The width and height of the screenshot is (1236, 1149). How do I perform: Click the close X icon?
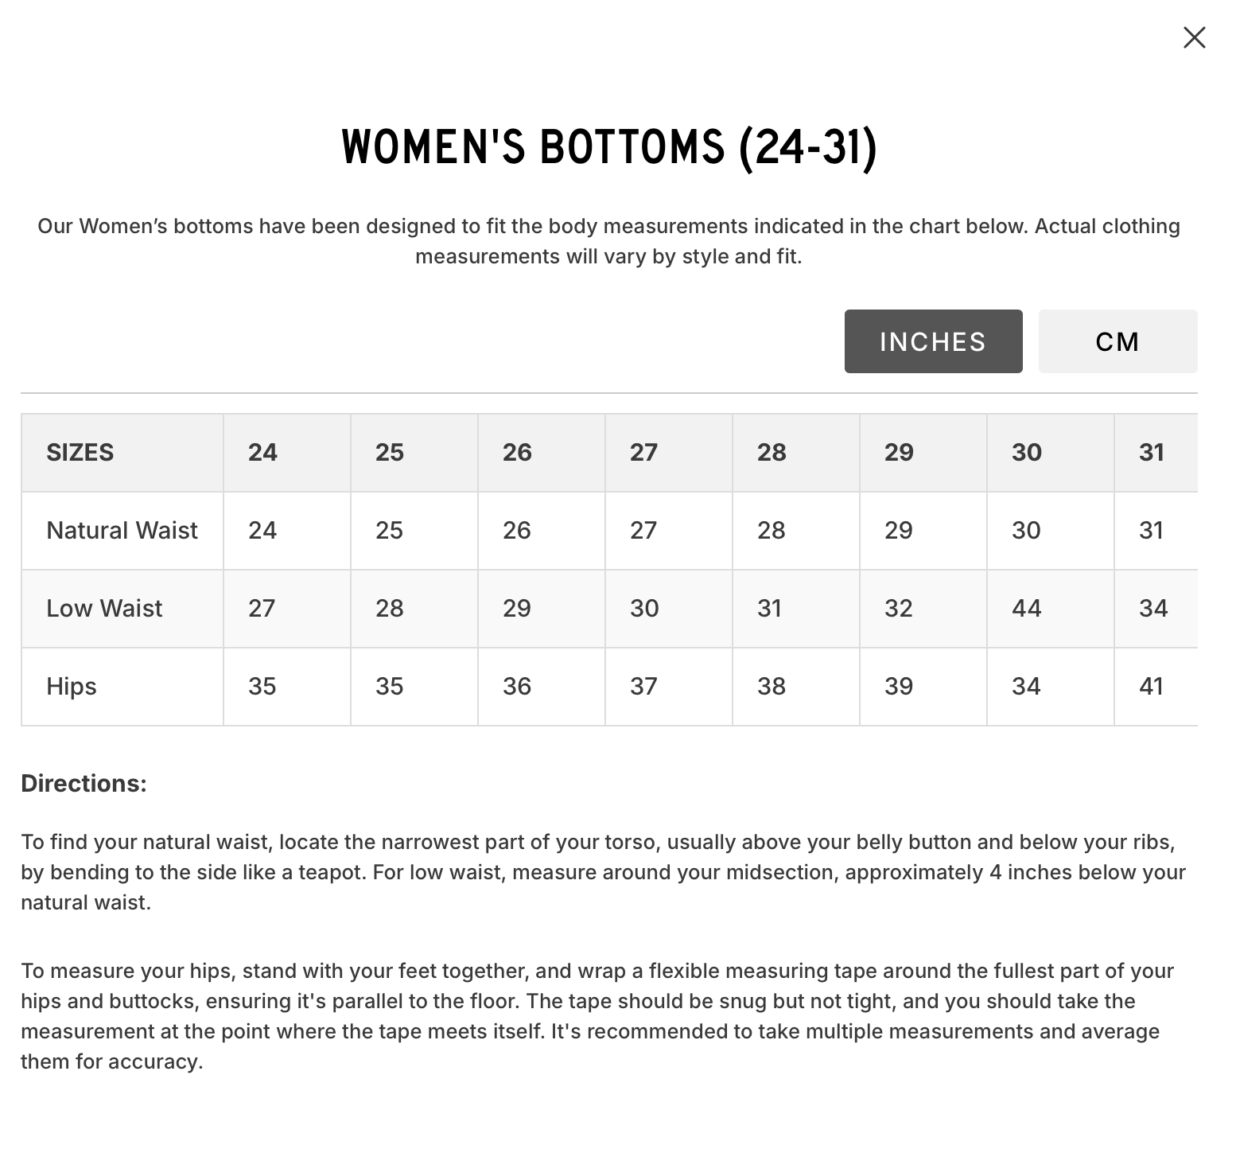pyautogui.click(x=1194, y=37)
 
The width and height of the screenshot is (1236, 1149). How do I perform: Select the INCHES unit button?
pyautogui.click(x=933, y=341)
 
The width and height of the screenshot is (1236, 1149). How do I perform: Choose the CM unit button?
pyautogui.click(x=1117, y=341)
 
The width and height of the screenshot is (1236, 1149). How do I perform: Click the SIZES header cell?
pyautogui.click(x=80, y=452)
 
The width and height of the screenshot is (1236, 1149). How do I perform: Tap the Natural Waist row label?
pyautogui.click(x=122, y=530)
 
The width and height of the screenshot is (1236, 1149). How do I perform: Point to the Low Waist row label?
pyautogui.click(x=104, y=608)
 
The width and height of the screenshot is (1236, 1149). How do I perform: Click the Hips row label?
pyautogui.click(x=72, y=686)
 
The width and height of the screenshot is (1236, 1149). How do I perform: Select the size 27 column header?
pyautogui.click(x=643, y=452)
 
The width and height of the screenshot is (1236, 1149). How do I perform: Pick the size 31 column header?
pyautogui.click(x=1152, y=452)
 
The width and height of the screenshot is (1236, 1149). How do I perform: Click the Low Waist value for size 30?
pyautogui.click(x=1026, y=608)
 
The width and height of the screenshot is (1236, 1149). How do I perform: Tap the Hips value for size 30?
pyautogui.click(x=1026, y=686)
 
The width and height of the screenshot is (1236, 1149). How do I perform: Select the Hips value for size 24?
pyautogui.click(x=262, y=686)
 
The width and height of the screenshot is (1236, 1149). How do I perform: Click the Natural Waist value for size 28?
pyautogui.click(x=771, y=530)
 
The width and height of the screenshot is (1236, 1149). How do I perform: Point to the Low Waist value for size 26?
pyautogui.click(x=516, y=608)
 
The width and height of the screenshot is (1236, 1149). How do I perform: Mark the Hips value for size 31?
pyautogui.click(x=1152, y=686)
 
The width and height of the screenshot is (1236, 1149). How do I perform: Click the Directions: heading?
pyautogui.click(x=84, y=783)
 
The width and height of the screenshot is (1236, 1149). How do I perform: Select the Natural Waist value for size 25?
pyautogui.click(x=389, y=530)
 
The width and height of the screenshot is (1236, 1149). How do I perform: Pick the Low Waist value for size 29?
pyautogui.click(x=898, y=608)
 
